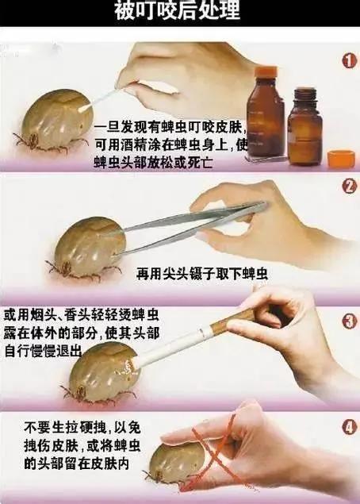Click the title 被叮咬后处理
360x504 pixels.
point(180,14)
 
